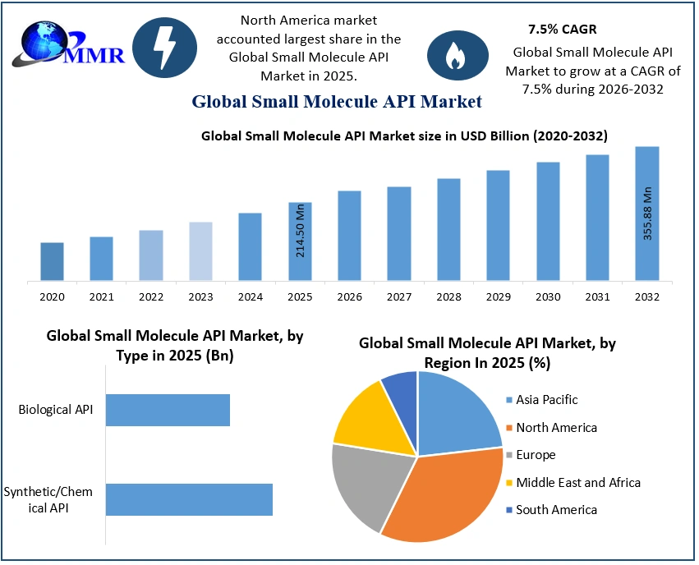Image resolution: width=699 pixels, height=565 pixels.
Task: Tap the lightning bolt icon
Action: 164,48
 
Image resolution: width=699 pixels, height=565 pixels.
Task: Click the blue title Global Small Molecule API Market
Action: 337,102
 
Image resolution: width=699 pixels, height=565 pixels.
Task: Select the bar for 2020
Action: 52,262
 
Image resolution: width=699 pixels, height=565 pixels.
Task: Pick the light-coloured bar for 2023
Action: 200,251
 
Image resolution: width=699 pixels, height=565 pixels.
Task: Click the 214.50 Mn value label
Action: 301,230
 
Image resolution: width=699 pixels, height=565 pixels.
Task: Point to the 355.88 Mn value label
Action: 647,214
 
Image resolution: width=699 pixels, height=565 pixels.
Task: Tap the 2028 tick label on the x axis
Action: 448,296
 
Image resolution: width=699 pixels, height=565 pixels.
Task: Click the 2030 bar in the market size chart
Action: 548,222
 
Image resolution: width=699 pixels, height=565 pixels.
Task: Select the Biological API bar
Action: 168,410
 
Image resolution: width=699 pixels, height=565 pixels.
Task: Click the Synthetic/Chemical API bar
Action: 189,499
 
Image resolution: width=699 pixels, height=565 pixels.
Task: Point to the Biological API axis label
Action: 57,410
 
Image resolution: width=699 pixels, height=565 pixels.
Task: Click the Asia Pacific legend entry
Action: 546,400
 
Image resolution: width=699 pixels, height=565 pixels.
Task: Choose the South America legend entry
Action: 556,510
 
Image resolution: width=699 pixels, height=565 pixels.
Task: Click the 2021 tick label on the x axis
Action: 102,296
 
